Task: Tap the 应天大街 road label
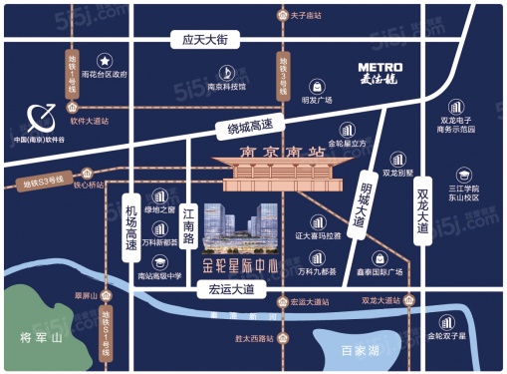199,39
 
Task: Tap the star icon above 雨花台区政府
105,59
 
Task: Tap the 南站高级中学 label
157,275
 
